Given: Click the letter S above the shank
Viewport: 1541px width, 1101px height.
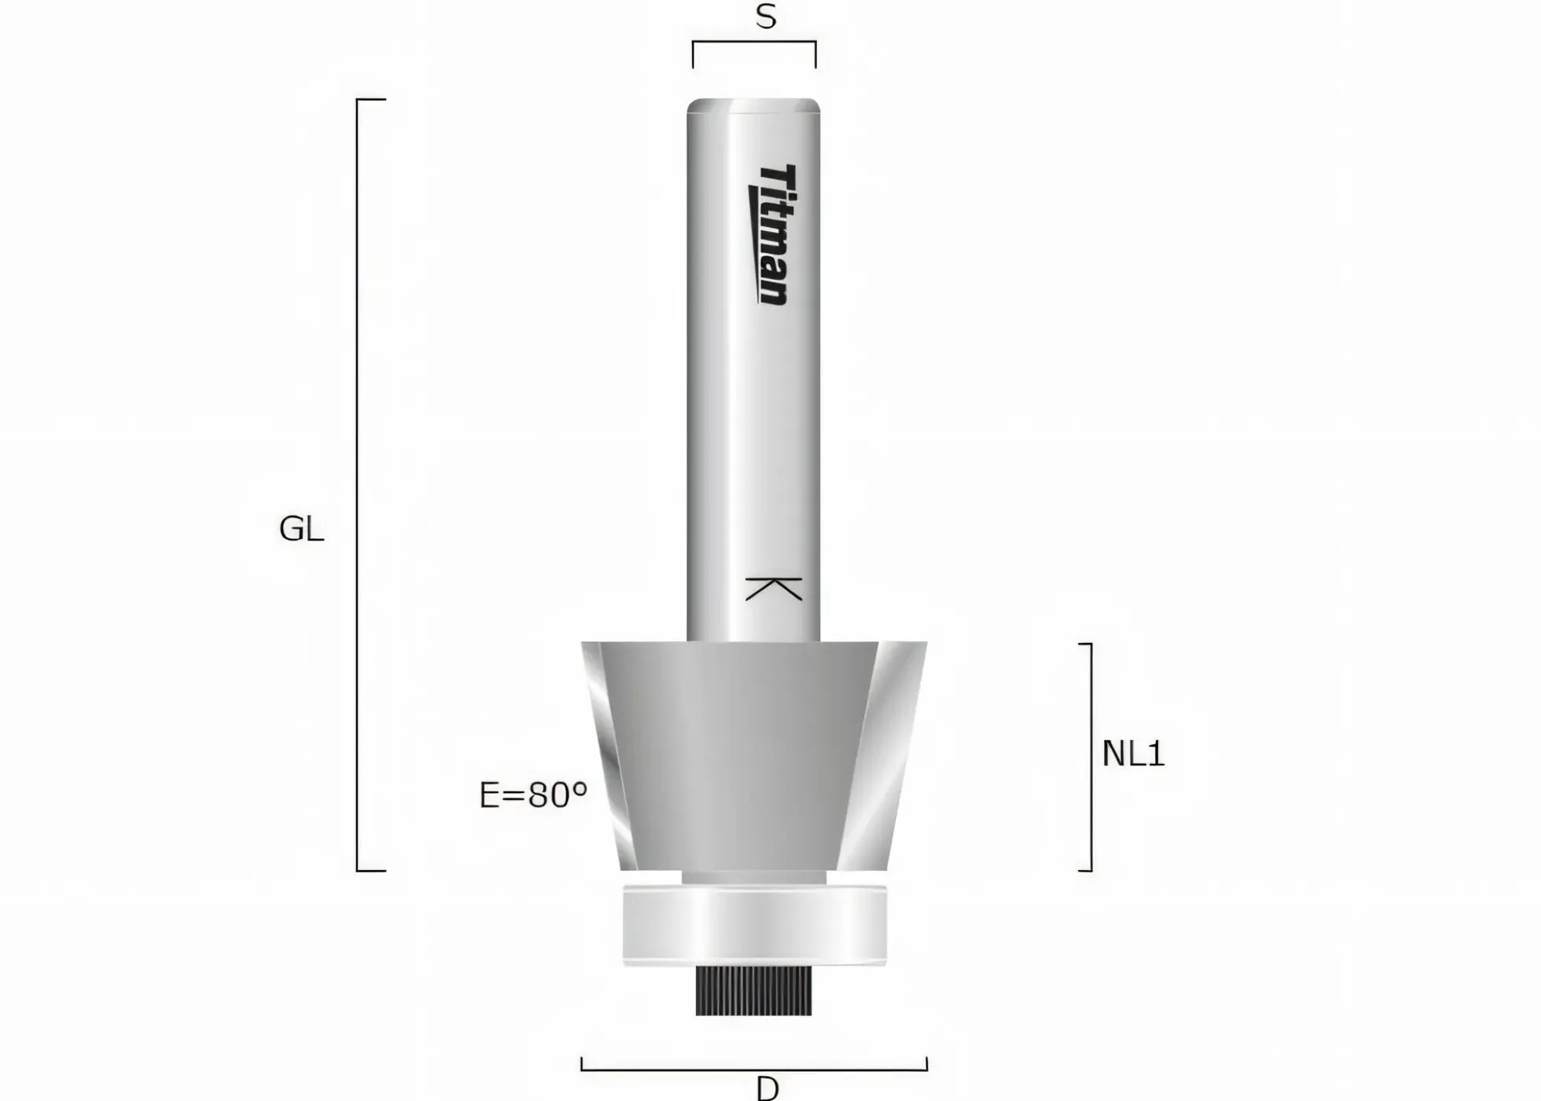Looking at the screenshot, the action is [766, 17].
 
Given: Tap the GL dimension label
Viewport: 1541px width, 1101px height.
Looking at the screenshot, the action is [301, 529].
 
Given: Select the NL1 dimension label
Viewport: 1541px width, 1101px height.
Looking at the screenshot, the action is [1133, 754].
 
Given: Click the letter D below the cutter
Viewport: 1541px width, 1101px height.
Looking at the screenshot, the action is [767, 1088].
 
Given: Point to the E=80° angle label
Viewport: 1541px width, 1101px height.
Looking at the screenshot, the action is [533, 795].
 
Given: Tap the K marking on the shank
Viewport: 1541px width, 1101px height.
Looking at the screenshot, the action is [774, 589].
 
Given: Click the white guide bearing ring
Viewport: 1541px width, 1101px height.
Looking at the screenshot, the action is [755, 925].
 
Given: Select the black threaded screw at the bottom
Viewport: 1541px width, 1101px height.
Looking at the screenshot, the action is [753, 990].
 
